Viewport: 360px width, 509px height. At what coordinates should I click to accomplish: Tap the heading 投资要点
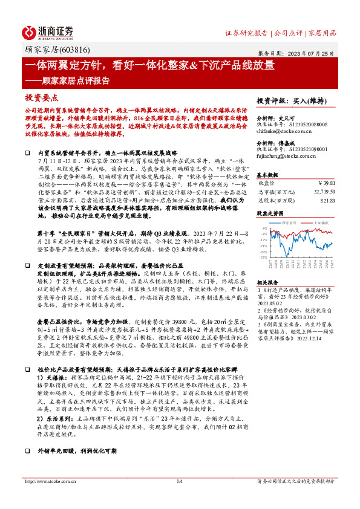(41, 97)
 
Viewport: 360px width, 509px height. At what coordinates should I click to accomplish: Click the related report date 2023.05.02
(269, 303)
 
